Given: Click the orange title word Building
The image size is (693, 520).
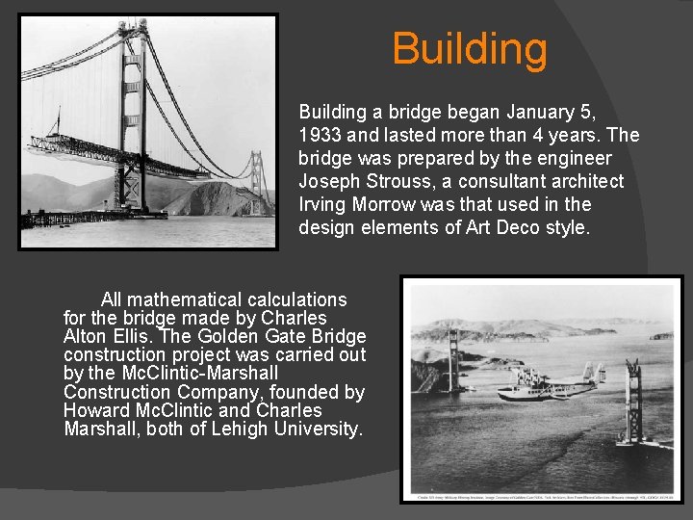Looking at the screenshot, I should click(x=470, y=49).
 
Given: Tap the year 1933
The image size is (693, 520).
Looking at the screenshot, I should click(x=321, y=136).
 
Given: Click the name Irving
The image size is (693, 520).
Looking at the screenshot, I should click(x=324, y=205).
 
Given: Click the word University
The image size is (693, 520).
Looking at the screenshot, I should click(x=318, y=429).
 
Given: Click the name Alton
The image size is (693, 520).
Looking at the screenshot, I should click(x=88, y=336).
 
